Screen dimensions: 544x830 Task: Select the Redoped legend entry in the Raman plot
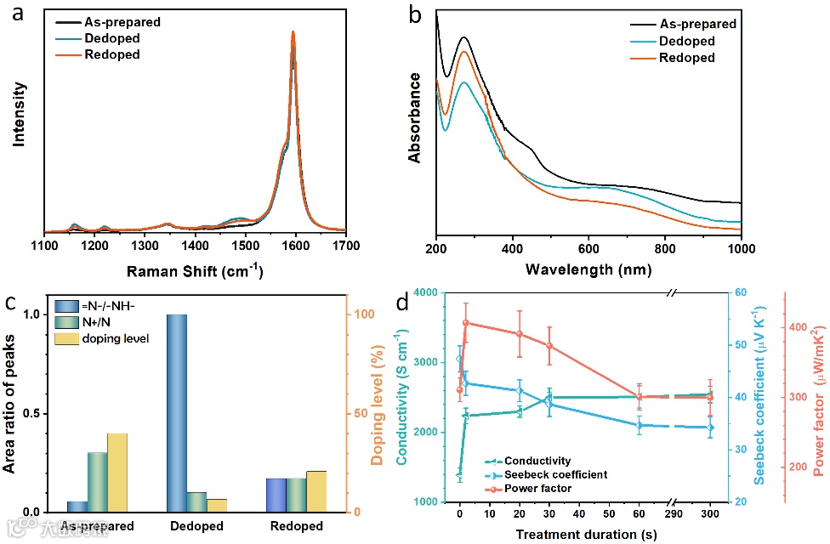click(x=111, y=54)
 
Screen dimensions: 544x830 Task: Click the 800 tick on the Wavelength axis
click(x=665, y=248)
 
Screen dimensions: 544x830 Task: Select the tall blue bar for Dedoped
click(x=176, y=413)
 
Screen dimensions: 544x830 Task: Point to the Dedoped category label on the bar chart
click(x=196, y=526)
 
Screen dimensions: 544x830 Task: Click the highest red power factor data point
click(x=466, y=323)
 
